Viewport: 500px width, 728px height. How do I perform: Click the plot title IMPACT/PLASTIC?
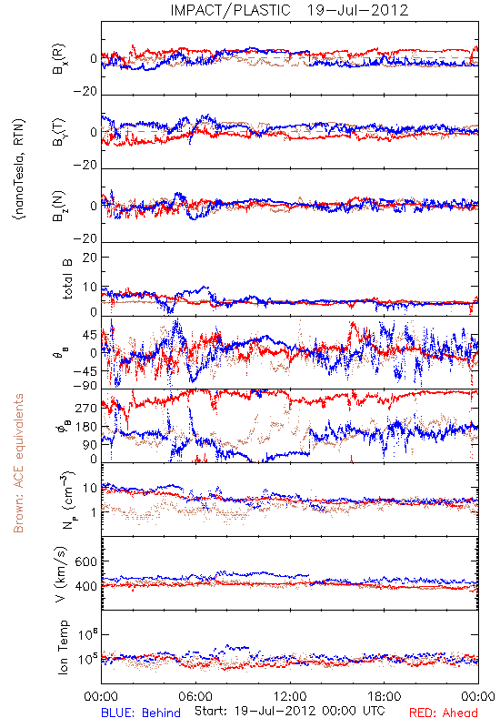(x=230, y=10)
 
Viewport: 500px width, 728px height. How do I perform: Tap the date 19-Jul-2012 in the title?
(x=357, y=10)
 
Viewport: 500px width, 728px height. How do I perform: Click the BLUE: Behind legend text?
(x=141, y=713)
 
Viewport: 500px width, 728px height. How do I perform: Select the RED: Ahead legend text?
(x=444, y=713)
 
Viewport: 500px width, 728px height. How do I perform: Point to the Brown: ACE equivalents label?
(x=18, y=463)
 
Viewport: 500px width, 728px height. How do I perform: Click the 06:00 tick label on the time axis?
(x=195, y=696)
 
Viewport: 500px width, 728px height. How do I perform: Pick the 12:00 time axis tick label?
(x=290, y=696)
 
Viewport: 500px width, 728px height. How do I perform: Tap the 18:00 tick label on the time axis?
(x=385, y=696)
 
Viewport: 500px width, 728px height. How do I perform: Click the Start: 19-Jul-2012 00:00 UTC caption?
(x=289, y=711)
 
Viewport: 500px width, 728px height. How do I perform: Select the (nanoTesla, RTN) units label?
(x=19, y=169)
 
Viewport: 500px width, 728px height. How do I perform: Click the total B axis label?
(x=67, y=279)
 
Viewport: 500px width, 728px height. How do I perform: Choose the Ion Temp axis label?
(x=63, y=647)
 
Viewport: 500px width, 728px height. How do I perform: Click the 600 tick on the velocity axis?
(x=85, y=561)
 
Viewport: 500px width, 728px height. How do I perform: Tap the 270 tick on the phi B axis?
(x=86, y=408)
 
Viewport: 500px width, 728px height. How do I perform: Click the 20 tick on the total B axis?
(x=89, y=258)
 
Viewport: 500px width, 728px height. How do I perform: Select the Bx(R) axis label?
(x=59, y=58)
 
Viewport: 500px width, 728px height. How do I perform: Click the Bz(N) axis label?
(x=59, y=206)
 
